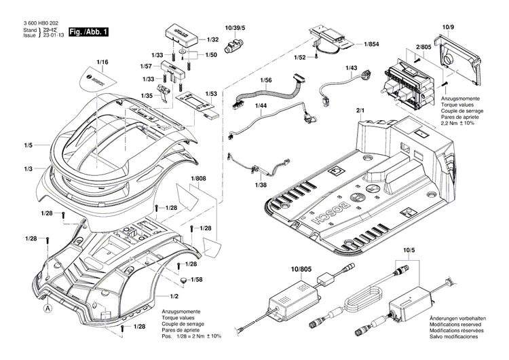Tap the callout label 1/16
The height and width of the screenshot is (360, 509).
coord(102,62)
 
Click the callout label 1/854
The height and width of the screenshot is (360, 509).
coord(372,44)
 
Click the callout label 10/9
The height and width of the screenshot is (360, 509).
coord(447,27)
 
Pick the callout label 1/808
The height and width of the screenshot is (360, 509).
coord(198,179)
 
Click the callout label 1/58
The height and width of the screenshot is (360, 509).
coord(196,280)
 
